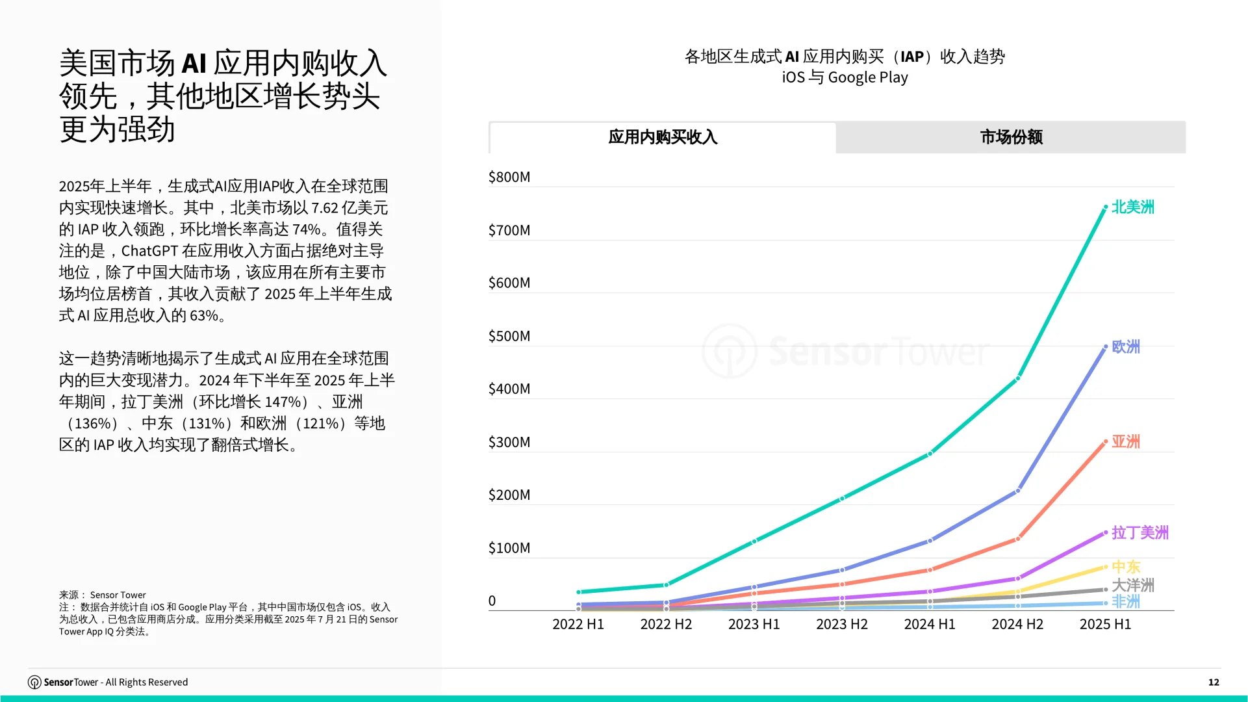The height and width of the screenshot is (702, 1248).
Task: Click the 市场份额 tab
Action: point(1011,137)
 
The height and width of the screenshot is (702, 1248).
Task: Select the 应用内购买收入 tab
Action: point(663,137)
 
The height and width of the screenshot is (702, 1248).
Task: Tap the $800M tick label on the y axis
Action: point(509,177)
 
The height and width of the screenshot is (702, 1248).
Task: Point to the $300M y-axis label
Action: point(509,442)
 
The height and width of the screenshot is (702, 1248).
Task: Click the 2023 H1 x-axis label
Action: point(754,624)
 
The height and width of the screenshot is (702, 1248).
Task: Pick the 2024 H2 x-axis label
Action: point(1017,624)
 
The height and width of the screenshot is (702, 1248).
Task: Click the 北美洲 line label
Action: point(1132,207)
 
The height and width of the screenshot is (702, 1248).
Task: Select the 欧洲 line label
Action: point(1126,346)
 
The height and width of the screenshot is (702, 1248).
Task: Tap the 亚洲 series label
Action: point(1126,441)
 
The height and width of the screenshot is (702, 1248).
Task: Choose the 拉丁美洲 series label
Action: point(1140,532)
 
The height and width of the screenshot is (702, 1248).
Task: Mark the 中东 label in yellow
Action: point(1126,566)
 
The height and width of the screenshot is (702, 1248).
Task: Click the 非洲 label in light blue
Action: point(1126,602)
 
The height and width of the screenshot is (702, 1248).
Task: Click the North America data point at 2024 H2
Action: point(1018,378)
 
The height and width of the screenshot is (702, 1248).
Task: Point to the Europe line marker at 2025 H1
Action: point(1106,346)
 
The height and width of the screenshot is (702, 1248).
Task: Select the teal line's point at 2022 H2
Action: point(667,585)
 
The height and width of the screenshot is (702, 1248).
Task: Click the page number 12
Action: point(1214,682)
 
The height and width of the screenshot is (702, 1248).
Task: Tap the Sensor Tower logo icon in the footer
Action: point(34,682)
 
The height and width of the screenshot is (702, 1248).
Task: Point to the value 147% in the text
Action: point(283,402)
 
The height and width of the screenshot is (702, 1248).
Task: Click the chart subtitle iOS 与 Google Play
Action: point(845,77)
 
